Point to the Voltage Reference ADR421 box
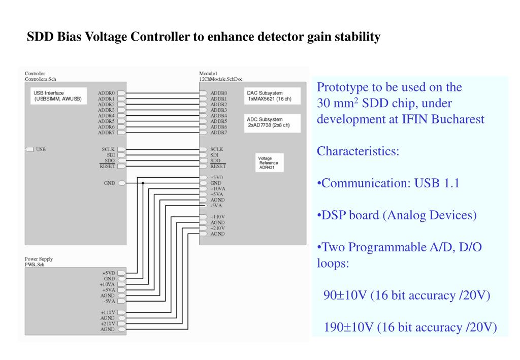(x=270, y=162)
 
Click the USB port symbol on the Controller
(x=29, y=149)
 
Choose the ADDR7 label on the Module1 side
(x=219, y=133)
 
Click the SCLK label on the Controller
(x=108, y=149)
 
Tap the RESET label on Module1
(x=218, y=166)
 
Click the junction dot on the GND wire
(x=143, y=183)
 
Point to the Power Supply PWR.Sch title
(x=39, y=261)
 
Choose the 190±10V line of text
(x=410, y=327)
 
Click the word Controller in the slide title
(x=171, y=37)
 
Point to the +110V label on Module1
(x=218, y=217)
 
